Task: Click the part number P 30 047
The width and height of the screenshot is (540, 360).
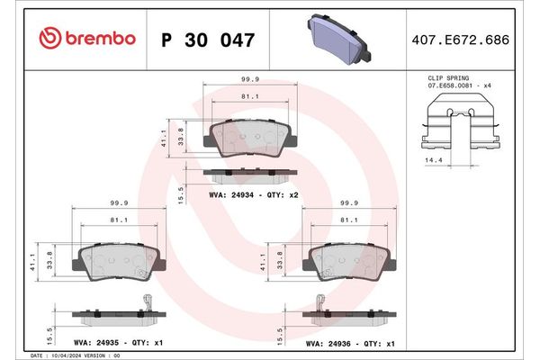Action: tap(207, 40)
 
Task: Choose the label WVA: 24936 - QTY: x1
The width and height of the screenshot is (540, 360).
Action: tap(350, 343)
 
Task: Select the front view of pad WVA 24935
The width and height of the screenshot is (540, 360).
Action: tap(118, 262)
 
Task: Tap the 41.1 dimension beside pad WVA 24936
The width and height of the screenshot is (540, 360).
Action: tap(263, 262)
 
